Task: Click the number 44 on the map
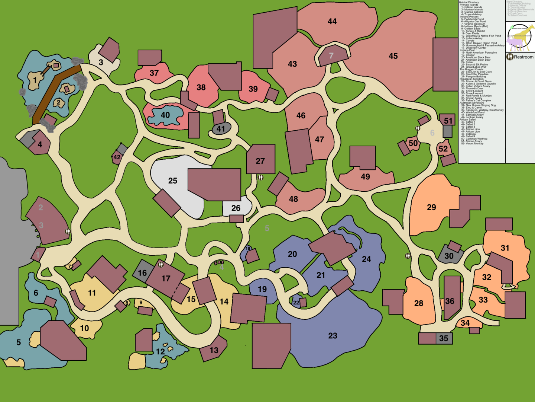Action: pyautogui.click(x=332, y=22)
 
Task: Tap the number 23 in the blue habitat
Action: pyautogui.click(x=333, y=336)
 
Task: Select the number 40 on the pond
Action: pyautogui.click(x=165, y=115)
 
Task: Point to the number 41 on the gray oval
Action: pyautogui.click(x=221, y=129)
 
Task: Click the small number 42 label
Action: pyautogui.click(x=117, y=157)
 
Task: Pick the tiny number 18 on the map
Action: pyautogui.click(x=248, y=248)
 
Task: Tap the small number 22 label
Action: pyautogui.click(x=296, y=303)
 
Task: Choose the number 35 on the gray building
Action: pyautogui.click(x=444, y=338)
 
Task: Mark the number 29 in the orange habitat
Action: pyautogui.click(x=431, y=207)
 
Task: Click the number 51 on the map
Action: pyautogui.click(x=448, y=121)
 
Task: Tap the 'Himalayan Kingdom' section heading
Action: pyautogui.click(x=471, y=79)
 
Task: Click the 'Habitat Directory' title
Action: pyautogui.click(x=469, y=2)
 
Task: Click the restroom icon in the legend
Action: pyautogui.click(x=510, y=57)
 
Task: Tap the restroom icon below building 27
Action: pyautogui.click(x=260, y=178)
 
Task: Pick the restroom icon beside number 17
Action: pyautogui.click(x=161, y=265)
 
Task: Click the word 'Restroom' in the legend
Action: pyautogui.click(x=523, y=57)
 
